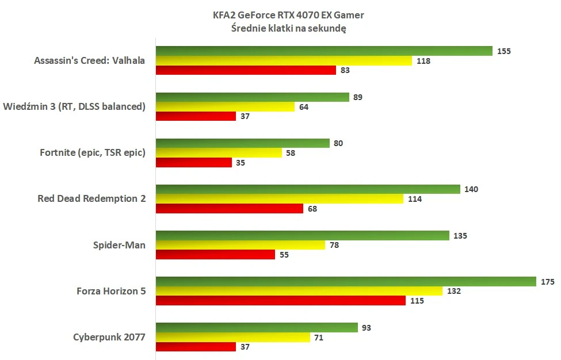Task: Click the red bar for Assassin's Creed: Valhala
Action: point(246,70)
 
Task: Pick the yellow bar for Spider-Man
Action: point(241,245)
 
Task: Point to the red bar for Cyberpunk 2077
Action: point(196,347)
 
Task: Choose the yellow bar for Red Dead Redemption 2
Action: point(279,199)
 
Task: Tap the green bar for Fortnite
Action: point(242,143)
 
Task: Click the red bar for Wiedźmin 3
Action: point(196,116)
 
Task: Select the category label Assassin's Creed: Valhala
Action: point(90,60)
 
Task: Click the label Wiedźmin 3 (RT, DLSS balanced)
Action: point(74,106)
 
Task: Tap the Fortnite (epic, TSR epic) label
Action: point(93,152)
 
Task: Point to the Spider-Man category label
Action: point(119,245)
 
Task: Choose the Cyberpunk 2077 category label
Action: point(109,338)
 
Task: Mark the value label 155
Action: point(504,51)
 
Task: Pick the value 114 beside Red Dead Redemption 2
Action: point(415,199)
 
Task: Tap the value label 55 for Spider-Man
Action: point(284,255)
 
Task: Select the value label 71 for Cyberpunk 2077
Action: point(319,338)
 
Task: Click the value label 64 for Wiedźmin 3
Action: point(303,106)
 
